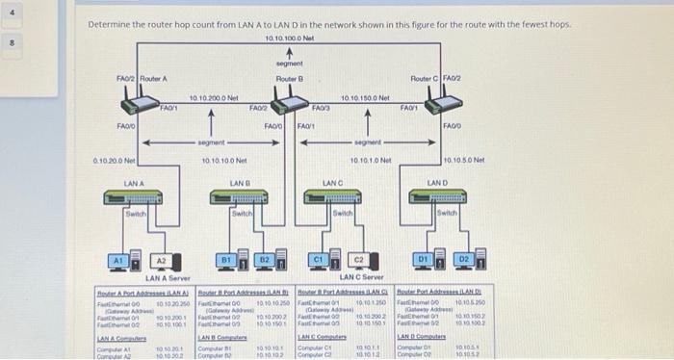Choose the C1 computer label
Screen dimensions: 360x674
coord(317,258)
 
